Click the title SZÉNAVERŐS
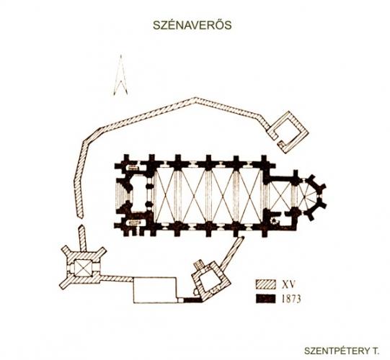click(x=192, y=25)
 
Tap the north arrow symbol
click(x=120, y=75)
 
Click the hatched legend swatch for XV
click(x=265, y=284)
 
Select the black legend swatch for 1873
click(x=265, y=298)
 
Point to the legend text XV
click(x=288, y=284)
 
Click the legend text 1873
click(x=291, y=299)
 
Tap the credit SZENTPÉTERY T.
click(x=342, y=351)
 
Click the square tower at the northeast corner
click(x=288, y=132)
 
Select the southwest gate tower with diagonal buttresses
click(x=84, y=267)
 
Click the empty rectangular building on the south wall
click(x=155, y=290)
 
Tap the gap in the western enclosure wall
click(x=81, y=222)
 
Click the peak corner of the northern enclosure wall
click(x=195, y=99)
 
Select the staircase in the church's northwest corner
click(x=133, y=167)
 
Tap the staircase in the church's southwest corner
click(x=133, y=222)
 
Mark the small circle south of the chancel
click(x=274, y=221)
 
